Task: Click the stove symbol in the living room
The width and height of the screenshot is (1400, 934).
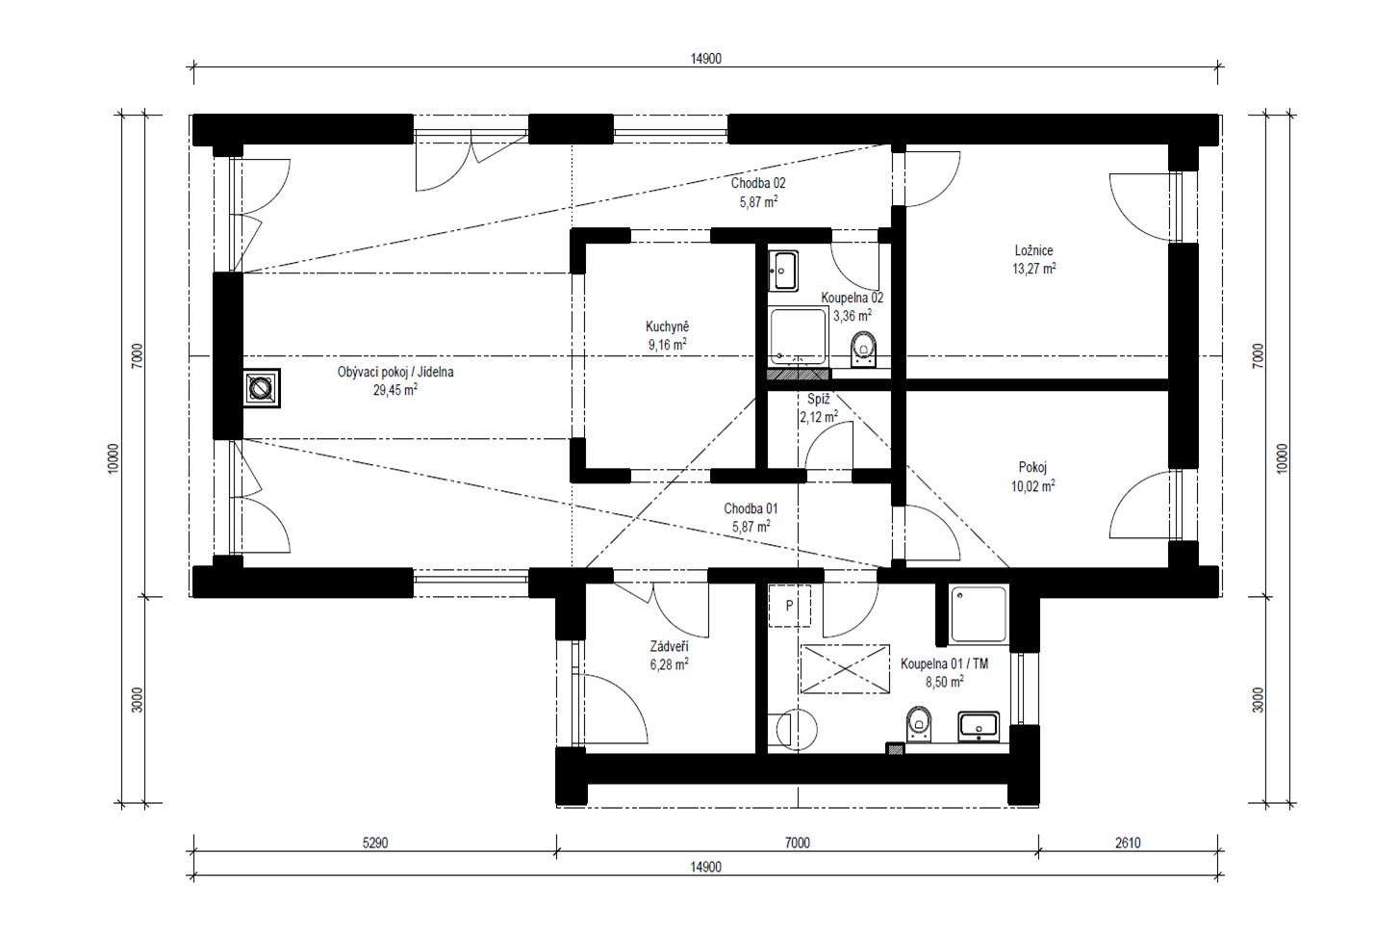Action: coord(262,388)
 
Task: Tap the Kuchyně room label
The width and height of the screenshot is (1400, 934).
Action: coord(667,326)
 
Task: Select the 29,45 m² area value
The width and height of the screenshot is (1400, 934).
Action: coord(395,390)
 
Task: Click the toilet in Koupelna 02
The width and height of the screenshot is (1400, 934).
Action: coord(864,350)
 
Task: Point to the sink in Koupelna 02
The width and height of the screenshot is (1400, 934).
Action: coord(782,271)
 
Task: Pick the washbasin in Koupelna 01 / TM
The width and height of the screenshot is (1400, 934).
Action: coord(979,726)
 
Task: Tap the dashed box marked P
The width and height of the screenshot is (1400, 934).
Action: coord(789,606)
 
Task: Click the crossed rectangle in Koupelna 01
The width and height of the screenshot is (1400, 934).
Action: coord(845,669)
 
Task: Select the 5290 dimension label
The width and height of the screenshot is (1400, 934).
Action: coord(375,843)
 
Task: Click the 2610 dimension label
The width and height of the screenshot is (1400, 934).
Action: coord(1128,843)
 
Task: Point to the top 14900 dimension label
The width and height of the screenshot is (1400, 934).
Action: coord(705,59)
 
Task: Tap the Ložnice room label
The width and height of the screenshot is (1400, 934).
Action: coord(1033,250)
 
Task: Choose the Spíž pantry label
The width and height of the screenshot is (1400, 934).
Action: coord(818,400)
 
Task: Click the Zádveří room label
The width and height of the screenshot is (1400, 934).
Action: coord(670,646)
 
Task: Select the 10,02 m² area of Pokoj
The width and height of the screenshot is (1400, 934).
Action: coord(1033,485)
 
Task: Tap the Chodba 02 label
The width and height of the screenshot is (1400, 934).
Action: coord(758,183)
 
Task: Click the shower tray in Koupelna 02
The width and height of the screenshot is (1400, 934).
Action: coord(798,336)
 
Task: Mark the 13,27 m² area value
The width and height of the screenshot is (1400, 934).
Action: coord(1034,269)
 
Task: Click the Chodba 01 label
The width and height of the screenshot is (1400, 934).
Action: coord(751,508)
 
